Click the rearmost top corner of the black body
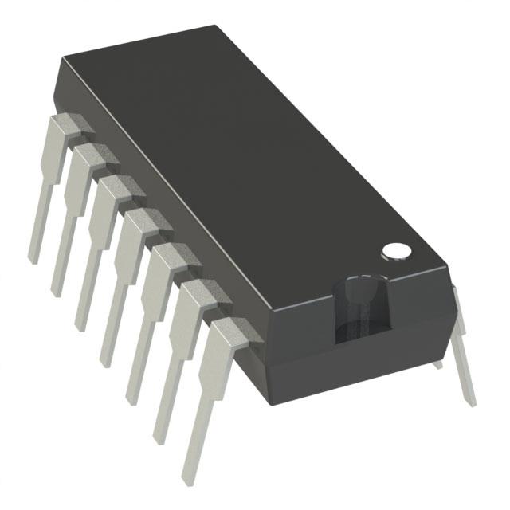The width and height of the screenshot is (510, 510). click(x=216, y=26)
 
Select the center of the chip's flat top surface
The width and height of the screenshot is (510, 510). click(x=247, y=159)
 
